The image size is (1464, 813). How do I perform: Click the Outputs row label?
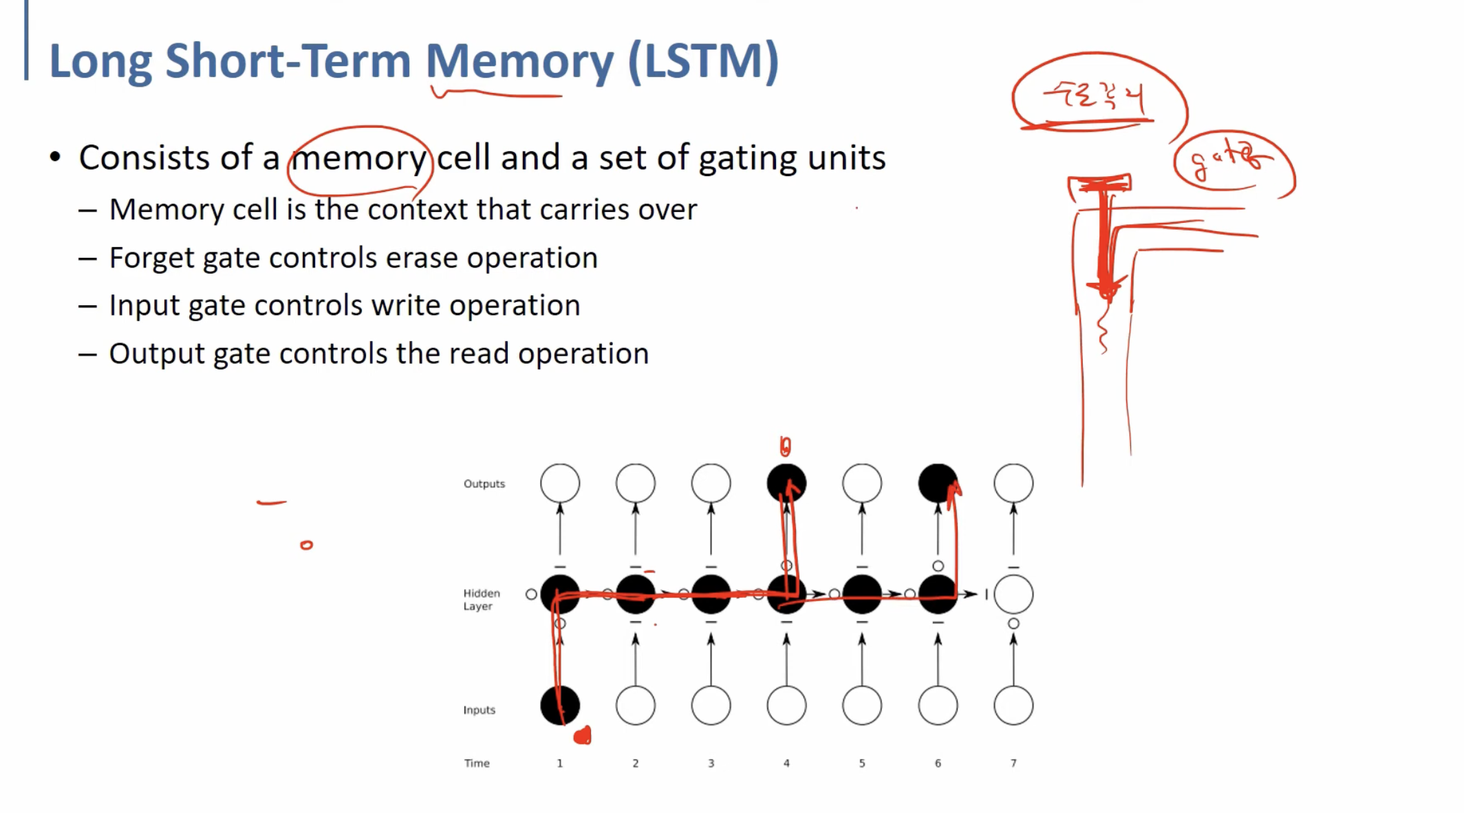click(x=484, y=484)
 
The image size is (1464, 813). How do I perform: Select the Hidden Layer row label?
click(x=481, y=599)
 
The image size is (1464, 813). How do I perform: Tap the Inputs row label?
click(x=479, y=710)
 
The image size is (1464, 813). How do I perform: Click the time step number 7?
click(x=1013, y=763)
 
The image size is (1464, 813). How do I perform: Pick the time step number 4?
click(x=786, y=763)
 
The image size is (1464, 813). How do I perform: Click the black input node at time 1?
click(x=560, y=705)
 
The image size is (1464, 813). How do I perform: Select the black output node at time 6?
click(x=937, y=483)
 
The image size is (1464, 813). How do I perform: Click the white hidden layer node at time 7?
click(x=1013, y=594)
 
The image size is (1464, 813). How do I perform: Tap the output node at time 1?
click(x=560, y=483)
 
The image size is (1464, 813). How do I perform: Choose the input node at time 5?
click(x=861, y=705)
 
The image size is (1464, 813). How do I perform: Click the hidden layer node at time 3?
click(x=711, y=594)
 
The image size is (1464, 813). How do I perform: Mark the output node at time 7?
click(x=1013, y=483)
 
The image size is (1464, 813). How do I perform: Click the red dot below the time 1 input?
click(x=583, y=736)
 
